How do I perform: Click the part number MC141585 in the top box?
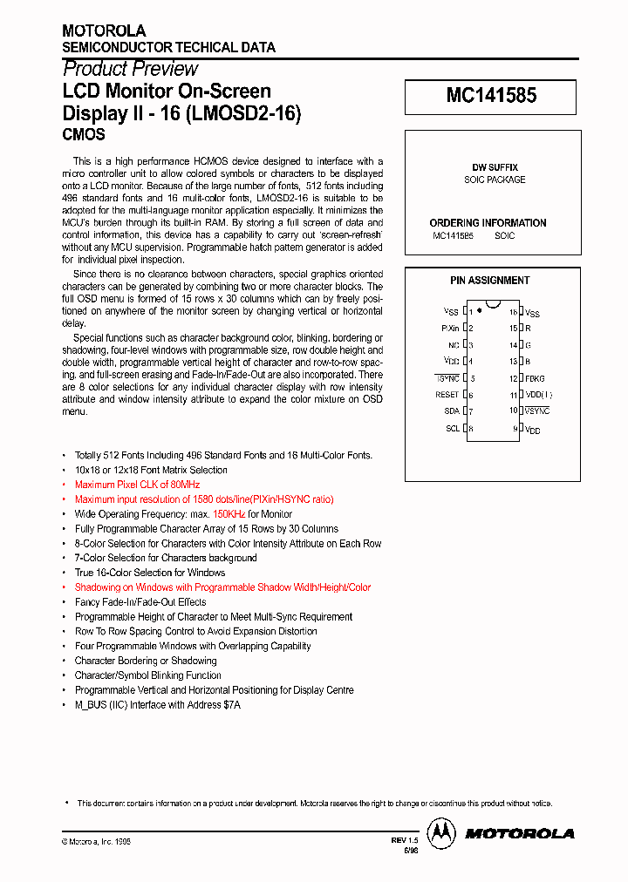[x=490, y=97]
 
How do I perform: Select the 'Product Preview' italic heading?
[x=131, y=69]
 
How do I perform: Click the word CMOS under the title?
[x=84, y=135]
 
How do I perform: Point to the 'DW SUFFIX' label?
[x=495, y=166]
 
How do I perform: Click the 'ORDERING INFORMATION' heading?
[x=488, y=223]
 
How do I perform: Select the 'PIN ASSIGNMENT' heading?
[x=489, y=281]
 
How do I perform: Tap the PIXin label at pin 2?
[x=450, y=329]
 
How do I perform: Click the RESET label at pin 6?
[x=447, y=395]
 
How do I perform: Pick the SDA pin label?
[x=451, y=411]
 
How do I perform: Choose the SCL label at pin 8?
[x=452, y=428]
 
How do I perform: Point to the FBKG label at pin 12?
[x=535, y=378]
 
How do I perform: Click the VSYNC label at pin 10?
[x=537, y=411]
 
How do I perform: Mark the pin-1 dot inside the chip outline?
[x=480, y=311]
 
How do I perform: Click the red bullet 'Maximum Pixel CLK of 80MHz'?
[x=138, y=485]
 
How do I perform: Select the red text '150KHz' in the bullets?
[x=230, y=514]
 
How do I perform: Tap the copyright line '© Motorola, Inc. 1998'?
[x=96, y=841]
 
